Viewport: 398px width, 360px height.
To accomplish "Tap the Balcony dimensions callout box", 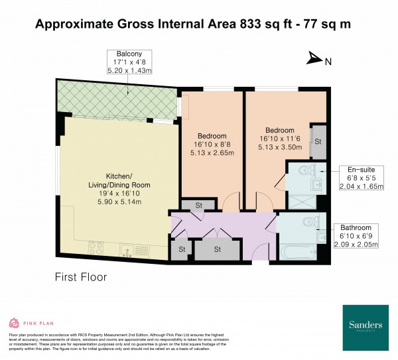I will coord(132,62).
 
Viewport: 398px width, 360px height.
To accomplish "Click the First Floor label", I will coord(80,276).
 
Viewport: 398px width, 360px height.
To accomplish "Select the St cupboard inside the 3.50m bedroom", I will coord(318,141).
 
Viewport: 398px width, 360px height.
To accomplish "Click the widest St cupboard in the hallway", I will coord(217,249).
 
